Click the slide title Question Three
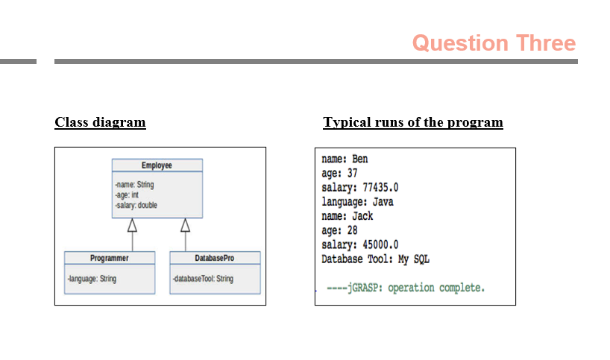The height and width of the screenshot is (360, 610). pyautogui.click(x=494, y=43)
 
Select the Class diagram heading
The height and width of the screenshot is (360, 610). pyautogui.click(x=100, y=122)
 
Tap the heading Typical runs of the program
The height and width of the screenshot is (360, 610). pyautogui.click(x=413, y=122)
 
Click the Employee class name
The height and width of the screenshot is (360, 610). pyautogui.click(x=157, y=165)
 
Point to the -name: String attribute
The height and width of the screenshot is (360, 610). pyautogui.click(x=135, y=185)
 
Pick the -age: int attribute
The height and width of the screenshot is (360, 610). pyautogui.click(x=127, y=195)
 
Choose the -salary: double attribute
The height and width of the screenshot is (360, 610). pyautogui.click(x=136, y=205)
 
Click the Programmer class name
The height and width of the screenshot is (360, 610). pyautogui.click(x=110, y=258)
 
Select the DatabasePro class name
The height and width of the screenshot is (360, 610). pyautogui.click(x=214, y=258)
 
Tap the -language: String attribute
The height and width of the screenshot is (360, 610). pyautogui.click(x=92, y=279)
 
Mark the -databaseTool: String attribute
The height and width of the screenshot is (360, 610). pyautogui.click(x=203, y=279)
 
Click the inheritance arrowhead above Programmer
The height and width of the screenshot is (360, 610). pyautogui.click(x=132, y=225)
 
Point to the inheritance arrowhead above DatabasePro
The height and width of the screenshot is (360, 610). pyautogui.click(x=185, y=225)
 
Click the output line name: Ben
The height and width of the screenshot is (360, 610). pyautogui.click(x=345, y=159)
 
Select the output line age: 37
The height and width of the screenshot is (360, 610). pyautogui.click(x=339, y=174)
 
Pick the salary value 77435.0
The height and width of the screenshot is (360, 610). pyautogui.click(x=380, y=188)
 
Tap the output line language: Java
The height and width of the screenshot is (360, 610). pyautogui.click(x=357, y=202)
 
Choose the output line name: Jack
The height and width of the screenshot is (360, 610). pyautogui.click(x=348, y=216)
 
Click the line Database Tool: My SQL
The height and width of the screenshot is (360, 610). pyautogui.click(x=375, y=259)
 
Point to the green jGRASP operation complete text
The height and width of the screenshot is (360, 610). pyautogui.click(x=406, y=288)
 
